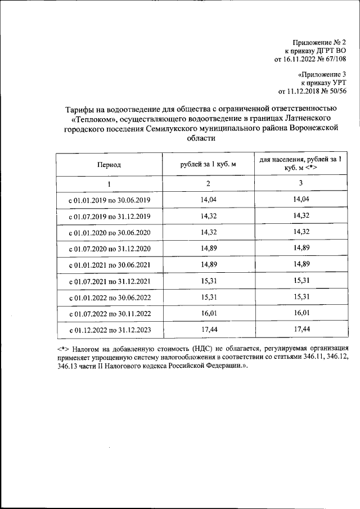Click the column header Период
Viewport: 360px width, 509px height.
click(109, 165)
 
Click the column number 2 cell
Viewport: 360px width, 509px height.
click(208, 183)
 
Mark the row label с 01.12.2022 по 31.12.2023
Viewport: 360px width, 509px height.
click(109, 330)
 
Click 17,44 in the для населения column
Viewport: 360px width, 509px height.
click(300, 329)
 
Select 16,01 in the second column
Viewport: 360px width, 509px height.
click(208, 313)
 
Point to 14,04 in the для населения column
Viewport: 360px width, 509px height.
click(300, 199)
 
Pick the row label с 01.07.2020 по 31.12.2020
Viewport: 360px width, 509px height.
click(109, 248)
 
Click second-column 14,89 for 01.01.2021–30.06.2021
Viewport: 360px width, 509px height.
click(208, 264)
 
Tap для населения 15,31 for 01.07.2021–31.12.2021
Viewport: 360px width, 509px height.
click(300, 280)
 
